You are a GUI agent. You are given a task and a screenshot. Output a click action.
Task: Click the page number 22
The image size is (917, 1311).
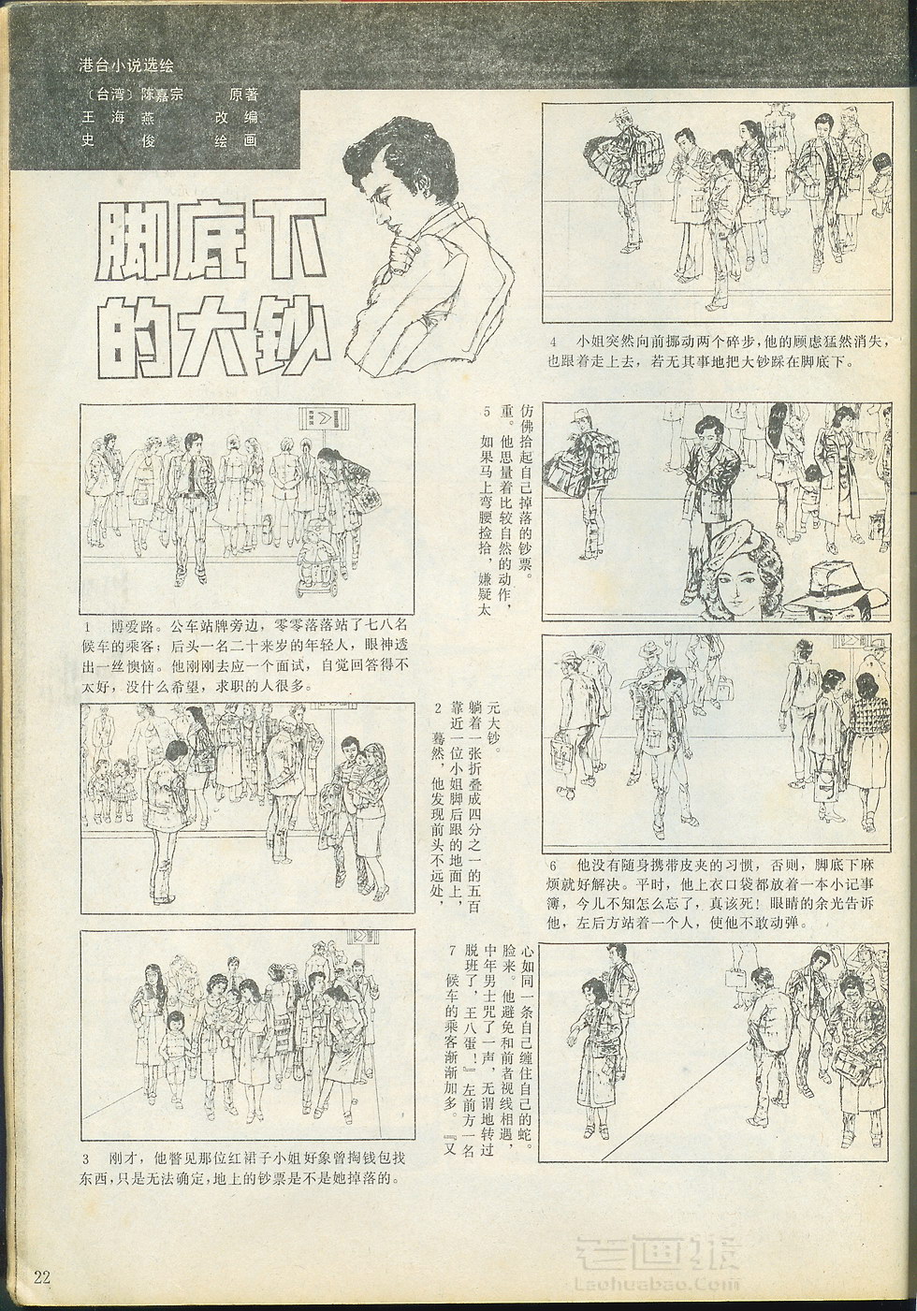click(42, 1276)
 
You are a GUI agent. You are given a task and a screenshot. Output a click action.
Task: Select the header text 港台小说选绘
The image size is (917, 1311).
click(125, 66)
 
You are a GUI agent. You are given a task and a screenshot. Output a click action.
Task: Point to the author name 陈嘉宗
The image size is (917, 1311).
click(162, 95)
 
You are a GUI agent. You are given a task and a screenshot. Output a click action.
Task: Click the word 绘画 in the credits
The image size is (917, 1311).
click(236, 140)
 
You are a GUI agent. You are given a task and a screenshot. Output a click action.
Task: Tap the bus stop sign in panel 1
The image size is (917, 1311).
click(324, 418)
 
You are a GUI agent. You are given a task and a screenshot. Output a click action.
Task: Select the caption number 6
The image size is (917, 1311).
click(553, 865)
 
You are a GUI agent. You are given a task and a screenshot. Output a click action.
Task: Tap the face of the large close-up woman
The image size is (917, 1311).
click(737, 585)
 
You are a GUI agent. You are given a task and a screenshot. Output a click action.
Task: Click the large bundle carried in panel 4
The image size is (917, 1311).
click(623, 158)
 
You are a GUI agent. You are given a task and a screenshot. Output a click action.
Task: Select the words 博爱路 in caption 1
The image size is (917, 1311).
click(134, 627)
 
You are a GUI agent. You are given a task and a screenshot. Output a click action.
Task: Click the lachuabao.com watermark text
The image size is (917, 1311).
click(658, 1283)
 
